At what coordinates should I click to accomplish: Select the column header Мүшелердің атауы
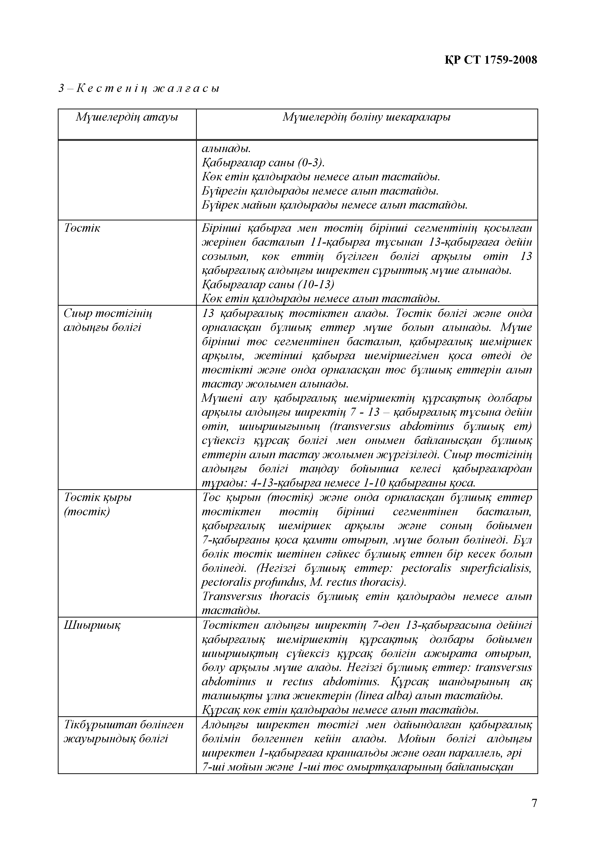(127, 117)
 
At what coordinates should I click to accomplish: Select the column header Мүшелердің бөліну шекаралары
(366, 117)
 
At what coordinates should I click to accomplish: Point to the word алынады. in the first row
(226, 149)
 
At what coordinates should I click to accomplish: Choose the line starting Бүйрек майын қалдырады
(335, 205)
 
